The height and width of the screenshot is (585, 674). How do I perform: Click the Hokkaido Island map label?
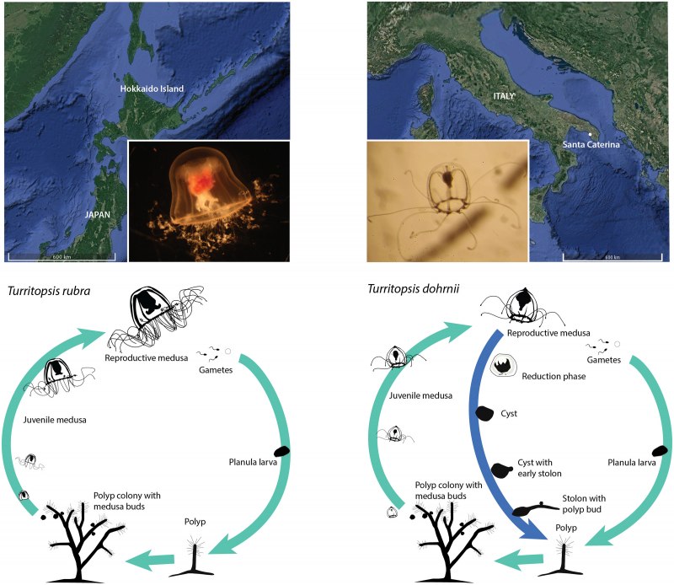152,89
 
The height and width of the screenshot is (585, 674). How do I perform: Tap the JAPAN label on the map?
98,214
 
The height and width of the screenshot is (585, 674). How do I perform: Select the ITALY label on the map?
503,96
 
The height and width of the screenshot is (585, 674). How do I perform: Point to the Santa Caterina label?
591,144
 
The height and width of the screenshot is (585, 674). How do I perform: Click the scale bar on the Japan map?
62,258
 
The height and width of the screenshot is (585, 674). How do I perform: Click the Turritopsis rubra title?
49,291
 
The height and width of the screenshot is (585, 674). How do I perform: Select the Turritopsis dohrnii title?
413,288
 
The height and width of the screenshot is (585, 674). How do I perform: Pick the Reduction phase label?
554,377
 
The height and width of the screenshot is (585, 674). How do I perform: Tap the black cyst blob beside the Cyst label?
484,413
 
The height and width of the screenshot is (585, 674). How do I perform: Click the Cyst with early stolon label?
539,468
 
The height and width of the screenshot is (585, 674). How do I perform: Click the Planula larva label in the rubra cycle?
253,463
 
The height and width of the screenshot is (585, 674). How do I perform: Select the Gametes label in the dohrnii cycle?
603,360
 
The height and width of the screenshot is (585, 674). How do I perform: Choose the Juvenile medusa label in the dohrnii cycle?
420,395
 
